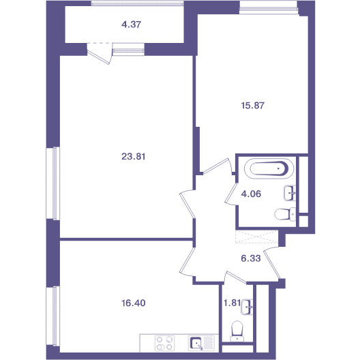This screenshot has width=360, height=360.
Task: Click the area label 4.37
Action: pyautogui.click(x=131, y=25)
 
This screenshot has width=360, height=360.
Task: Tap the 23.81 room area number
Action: pyautogui.click(x=133, y=157)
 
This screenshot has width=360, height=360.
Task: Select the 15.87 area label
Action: pyautogui.click(x=253, y=106)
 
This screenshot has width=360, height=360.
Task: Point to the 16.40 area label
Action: pyautogui.click(x=133, y=303)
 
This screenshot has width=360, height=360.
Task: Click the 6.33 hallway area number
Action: pyautogui.click(x=251, y=258)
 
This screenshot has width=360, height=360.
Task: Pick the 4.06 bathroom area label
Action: pyautogui.click(x=251, y=194)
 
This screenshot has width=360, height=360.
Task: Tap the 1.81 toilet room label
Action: pyautogui.click(x=232, y=303)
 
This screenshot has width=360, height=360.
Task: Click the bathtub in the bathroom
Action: pyautogui.click(x=269, y=169)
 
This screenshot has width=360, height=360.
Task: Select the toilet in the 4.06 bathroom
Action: pyautogui.click(x=285, y=214)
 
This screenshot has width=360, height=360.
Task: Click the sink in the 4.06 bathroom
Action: pyautogui.click(x=290, y=193)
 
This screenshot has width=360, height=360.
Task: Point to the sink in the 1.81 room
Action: pyautogui.click(x=247, y=307)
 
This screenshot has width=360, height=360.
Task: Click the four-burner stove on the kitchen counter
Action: pyautogui.click(x=164, y=343)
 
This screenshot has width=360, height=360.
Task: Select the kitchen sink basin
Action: pyautogui.click(x=196, y=343)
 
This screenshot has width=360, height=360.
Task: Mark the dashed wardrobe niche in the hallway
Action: pyautogui.click(x=256, y=237)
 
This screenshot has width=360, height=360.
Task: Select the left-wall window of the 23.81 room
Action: pyautogui.click(x=53, y=183)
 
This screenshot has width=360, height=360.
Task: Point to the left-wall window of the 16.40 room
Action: pyautogui.click(x=53, y=316)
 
